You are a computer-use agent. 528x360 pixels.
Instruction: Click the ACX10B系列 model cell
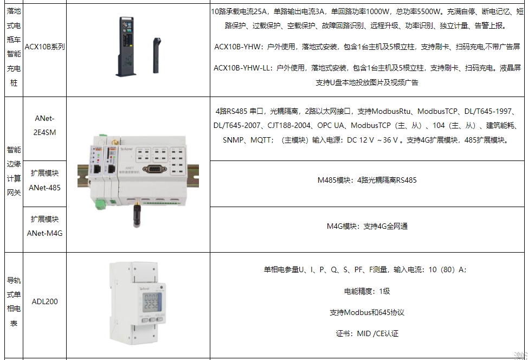point(45,47)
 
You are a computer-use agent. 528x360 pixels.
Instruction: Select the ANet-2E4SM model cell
point(45,125)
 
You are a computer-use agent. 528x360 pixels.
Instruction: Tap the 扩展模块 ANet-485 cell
point(45,180)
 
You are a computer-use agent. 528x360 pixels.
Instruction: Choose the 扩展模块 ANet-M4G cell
point(45,226)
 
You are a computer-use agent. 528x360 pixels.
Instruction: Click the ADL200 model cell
point(45,301)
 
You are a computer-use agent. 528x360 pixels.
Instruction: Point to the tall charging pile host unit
point(126,46)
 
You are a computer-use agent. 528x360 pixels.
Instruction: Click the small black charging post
point(157,55)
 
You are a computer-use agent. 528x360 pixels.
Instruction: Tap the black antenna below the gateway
point(137,214)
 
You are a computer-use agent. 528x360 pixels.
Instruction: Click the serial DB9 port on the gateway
point(154,169)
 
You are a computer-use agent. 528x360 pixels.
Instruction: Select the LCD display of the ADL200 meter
point(151,302)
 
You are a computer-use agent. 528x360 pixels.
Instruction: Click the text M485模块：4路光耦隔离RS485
point(367,180)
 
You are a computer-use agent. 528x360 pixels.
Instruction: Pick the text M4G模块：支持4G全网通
point(367,226)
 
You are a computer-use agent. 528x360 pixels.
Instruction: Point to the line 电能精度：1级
point(367,291)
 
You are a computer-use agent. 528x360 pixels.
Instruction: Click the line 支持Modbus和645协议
point(367,312)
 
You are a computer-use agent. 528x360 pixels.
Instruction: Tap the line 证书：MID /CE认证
point(367,334)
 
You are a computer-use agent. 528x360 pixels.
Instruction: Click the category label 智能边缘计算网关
point(14,171)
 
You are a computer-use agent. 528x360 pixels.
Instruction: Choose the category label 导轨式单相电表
point(14,302)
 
